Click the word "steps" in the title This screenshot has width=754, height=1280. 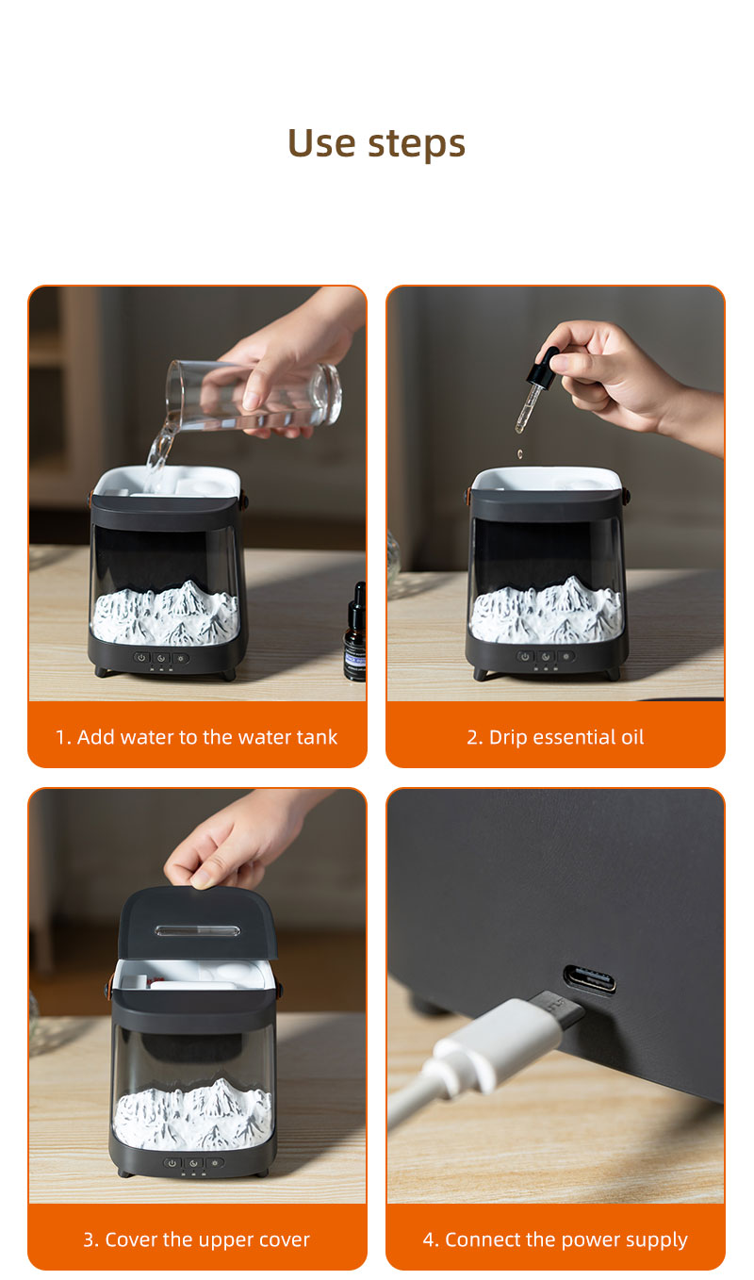[417, 143]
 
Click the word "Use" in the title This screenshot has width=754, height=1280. [321, 142]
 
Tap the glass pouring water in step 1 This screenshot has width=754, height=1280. [254, 395]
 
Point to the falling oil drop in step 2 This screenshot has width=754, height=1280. [519, 453]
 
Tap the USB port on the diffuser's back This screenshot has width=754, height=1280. [589, 979]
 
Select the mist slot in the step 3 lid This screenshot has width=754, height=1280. [197, 931]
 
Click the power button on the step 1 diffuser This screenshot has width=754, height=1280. [141, 658]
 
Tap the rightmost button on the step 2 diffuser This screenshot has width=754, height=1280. [566, 657]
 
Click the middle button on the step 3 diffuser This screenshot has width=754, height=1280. [193, 1162]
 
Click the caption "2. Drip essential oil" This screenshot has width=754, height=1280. [555, 737]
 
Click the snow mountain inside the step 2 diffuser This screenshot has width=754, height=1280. [547, 609]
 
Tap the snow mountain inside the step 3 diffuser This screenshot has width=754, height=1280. [192, 1114]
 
